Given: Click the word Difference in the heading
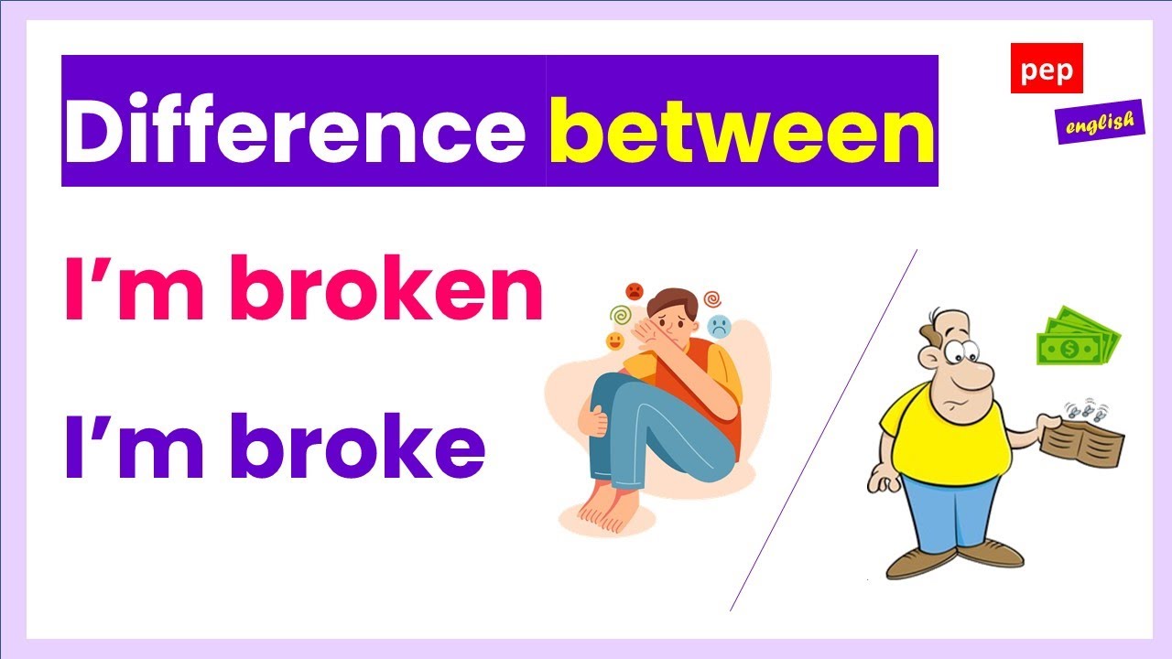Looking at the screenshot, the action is (x=295, y=129).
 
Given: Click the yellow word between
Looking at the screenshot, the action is (x=742, y=130).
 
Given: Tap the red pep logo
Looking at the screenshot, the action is (x=1047, y=68).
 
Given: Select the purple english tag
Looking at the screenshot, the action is (x=1101, y=122).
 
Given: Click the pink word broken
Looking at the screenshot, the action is (x=386, y=287).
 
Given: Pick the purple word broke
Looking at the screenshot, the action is (x=358, y=445).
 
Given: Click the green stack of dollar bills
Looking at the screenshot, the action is (x=1079, y=337).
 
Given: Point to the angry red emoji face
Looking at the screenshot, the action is (x=635, y=291).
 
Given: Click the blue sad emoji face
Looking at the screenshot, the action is (x=719, y=327).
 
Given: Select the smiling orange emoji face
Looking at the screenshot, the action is (x=614, y=341).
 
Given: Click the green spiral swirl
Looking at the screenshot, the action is (x=621, y=315).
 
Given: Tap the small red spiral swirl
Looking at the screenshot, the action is (x=712, y=299).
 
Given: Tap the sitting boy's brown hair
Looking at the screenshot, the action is (x=673, y=301).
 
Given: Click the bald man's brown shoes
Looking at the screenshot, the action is (x=953, y=558).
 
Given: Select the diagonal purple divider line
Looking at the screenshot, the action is (x=823, y=430).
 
